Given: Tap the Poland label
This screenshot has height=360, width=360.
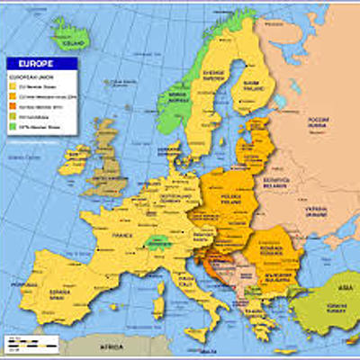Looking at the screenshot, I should tap(244, 195).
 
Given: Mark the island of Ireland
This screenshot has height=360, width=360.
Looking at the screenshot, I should tap(74, 160).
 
